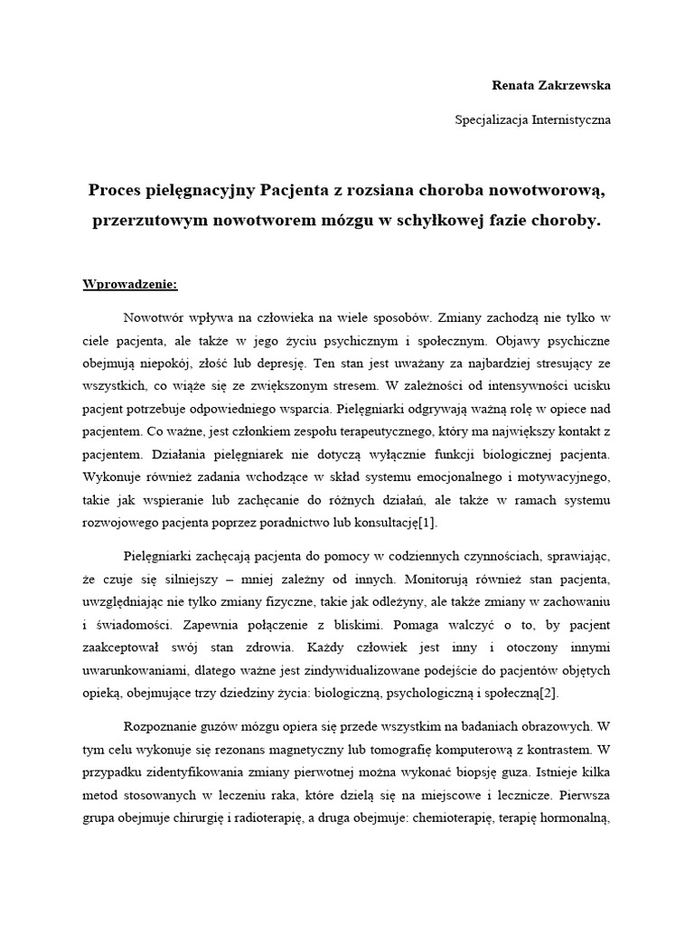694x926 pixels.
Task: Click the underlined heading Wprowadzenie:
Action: point(131,284)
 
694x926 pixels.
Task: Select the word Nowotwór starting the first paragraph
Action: point(155,318)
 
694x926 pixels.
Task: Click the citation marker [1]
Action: point(427,523)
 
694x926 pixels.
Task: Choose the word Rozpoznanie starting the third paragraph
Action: point(162,725)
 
